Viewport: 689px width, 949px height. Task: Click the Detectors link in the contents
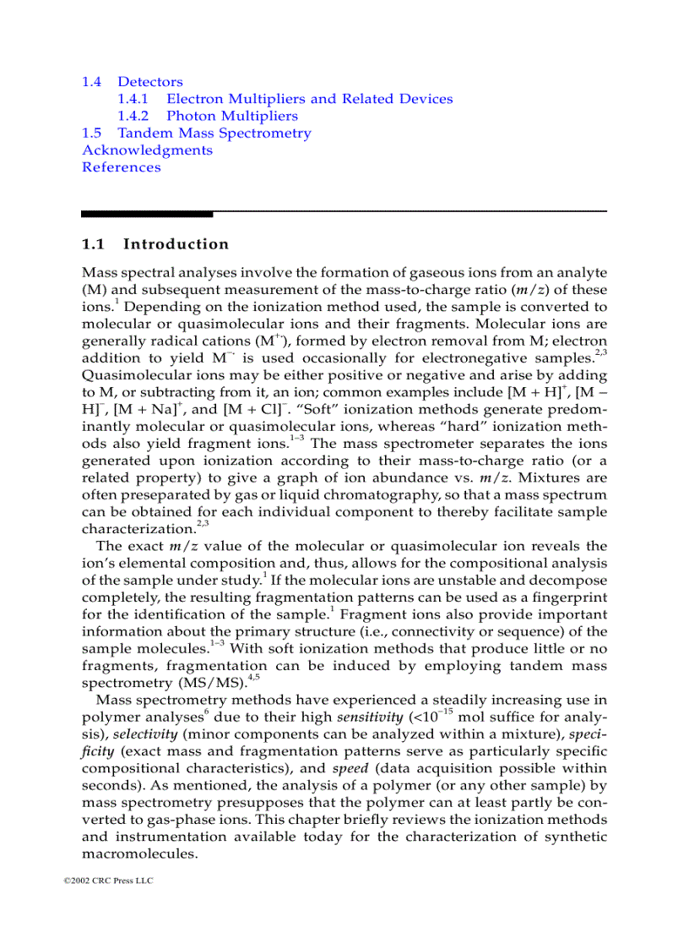coord(149,82)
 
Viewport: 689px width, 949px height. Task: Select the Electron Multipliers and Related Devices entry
coord(309,99)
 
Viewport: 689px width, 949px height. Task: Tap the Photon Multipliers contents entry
coord(231,116)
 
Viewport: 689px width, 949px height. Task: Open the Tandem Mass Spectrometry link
coord(214,133)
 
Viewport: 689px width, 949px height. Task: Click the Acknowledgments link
coord(147,150)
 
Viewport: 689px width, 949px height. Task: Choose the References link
coord(121,167)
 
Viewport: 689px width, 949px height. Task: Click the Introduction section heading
coord(176,244)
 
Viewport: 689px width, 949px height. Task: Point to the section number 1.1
coord(93,244)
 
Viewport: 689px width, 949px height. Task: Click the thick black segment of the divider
coord(147,213)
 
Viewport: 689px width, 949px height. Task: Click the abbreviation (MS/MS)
coord(186,682)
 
